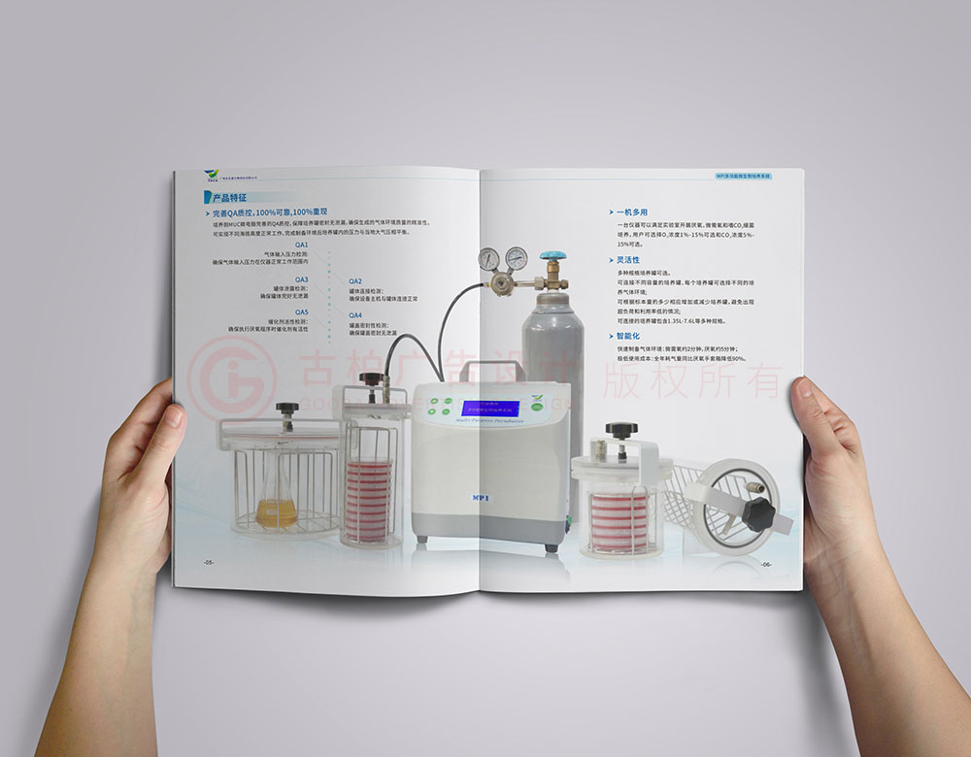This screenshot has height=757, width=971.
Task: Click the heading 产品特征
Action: click(229, 197)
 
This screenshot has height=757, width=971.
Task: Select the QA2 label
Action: click(355, 280)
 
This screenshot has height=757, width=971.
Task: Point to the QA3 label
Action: click(301, 280)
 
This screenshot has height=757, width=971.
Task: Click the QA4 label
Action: click(355, 315)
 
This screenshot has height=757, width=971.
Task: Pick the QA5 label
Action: click(301, 313)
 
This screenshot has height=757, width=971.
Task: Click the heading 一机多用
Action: click(631, 211)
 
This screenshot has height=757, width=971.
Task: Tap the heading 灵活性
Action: click(627, 260)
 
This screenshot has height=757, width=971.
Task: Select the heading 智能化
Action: click(627, 335)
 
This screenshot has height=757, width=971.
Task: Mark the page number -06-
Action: click(766, 564)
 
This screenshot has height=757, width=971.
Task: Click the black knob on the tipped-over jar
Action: click(757, 510)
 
